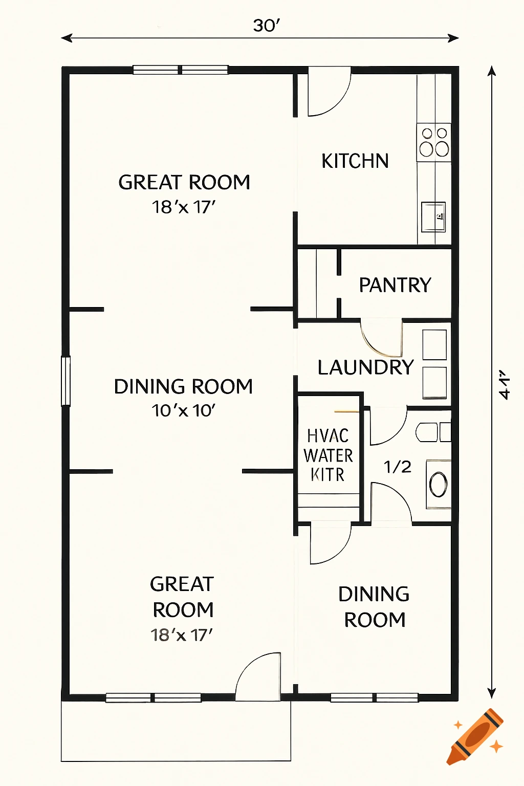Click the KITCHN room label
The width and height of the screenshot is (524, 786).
(x=355, y=161)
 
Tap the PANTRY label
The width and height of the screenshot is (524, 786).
(x=395, y=285)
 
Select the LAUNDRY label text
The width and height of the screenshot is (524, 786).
(x=365, y=367)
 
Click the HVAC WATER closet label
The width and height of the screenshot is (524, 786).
(x=328, y=455)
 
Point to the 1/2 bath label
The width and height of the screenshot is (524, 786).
(x=398, y=467)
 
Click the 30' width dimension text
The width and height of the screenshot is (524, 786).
(x=266, y=26)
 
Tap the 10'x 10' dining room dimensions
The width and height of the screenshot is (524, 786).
(x=183, y=410)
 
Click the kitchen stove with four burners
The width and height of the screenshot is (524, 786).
(x=434, y=142)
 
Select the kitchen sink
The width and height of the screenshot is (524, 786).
(x=433, y=216)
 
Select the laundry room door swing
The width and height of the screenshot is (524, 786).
(x=382, y=338)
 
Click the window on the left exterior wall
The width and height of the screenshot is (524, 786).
(x=65, y=381)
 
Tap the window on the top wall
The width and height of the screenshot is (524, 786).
(x=180, y=70)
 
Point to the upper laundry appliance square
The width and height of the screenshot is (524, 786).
(x=434, y=345)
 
